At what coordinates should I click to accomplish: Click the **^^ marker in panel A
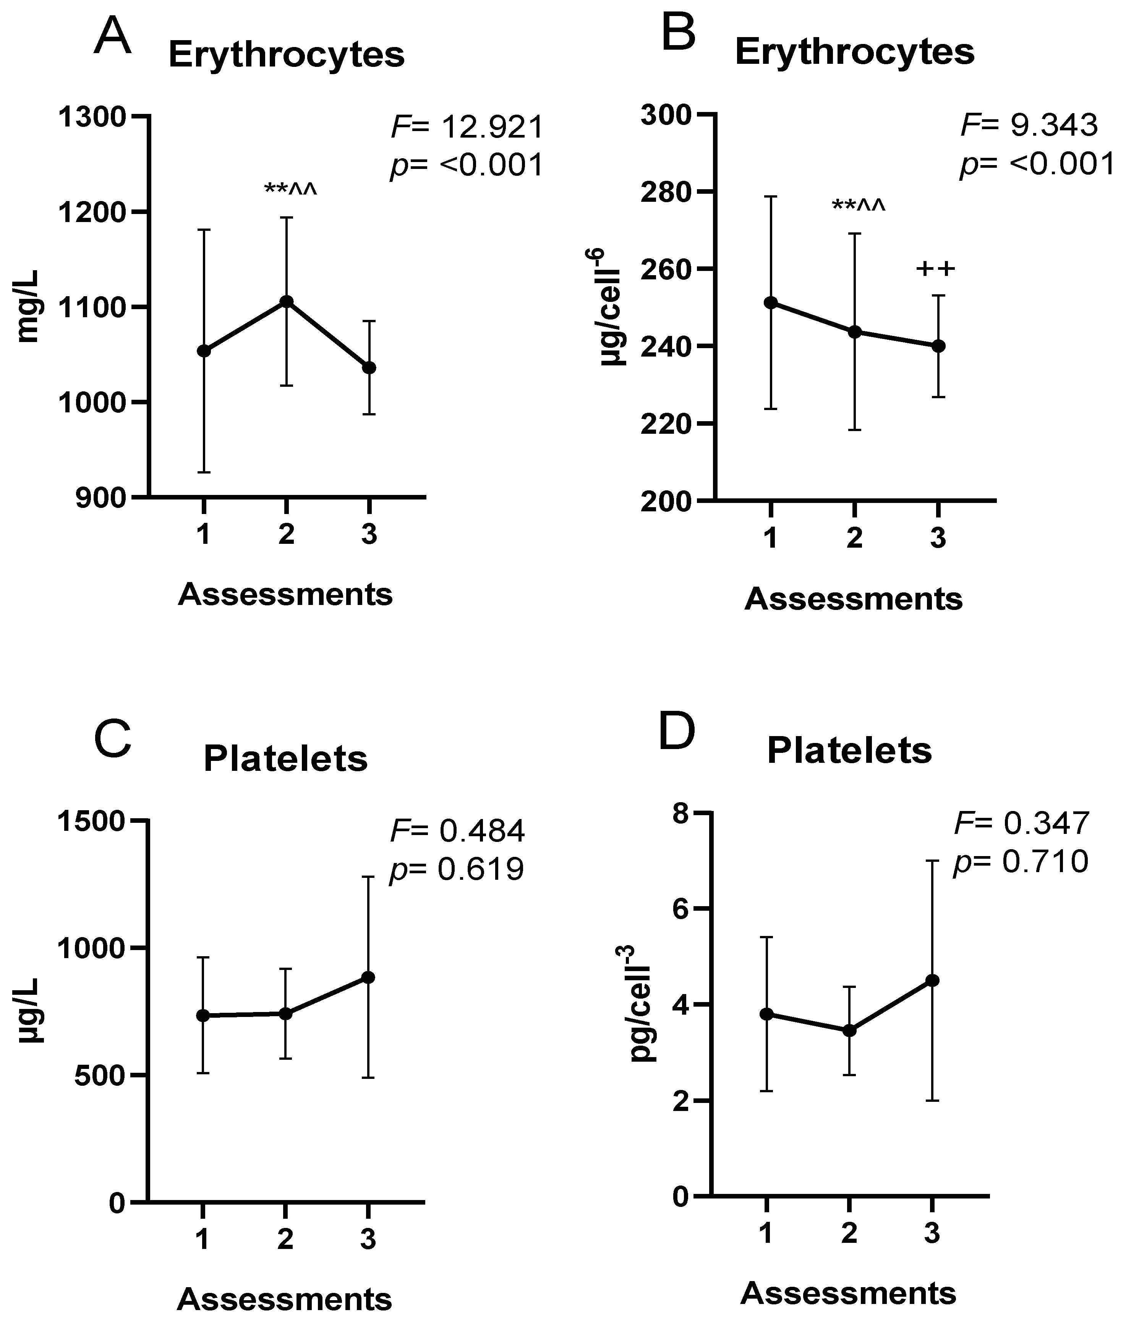pos(290,190)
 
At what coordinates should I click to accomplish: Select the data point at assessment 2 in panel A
pos(287,302)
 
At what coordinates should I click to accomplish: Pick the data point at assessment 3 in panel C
pos(368,978)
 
